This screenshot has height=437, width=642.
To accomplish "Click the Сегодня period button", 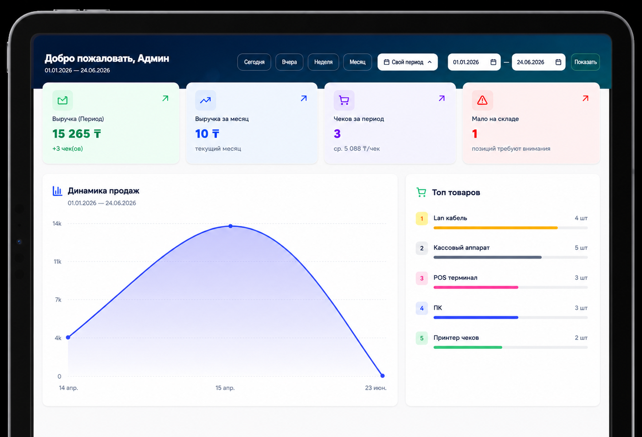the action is click(x=254, y=62).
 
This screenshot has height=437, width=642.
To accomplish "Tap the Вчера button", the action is click(x=289, y=62).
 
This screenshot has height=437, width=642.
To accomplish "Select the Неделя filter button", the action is click(x=323, y=62).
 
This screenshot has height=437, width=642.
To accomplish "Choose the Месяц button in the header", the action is click(x=357, y=62).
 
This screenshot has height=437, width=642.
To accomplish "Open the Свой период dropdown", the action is click(x=407, y=62).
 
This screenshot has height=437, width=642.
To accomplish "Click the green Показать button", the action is click(x=585, y=62).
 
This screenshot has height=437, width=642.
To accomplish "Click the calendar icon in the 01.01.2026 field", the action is click(x=493, y=62).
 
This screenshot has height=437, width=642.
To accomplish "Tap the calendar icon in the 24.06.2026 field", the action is click(x=558, y=62).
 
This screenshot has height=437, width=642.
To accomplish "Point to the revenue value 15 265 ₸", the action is click(x=77, y=134).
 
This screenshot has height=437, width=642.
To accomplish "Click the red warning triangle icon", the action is click(x=482, y=100).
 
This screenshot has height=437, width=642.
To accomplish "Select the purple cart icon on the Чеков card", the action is click(x=344, y=100).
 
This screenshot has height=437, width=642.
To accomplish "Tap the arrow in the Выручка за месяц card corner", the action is click(x=304, y=98).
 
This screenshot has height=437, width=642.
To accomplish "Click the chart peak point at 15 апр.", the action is click(x=231, y=226).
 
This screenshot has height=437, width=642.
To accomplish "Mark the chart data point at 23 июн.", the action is click(x=382, y=376).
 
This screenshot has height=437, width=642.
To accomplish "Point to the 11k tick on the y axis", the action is click(x=57, y=261).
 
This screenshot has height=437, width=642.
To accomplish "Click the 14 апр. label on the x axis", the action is click(x=68, y=388).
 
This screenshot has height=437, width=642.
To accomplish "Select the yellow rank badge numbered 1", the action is click(x=422, y=218).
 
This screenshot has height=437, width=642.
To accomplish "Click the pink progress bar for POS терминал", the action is click(x=476, y=287).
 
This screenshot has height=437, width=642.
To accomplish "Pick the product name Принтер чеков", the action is click(x=456, y=338).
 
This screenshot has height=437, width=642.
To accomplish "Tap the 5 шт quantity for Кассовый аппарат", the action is click(x=581, y=248).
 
